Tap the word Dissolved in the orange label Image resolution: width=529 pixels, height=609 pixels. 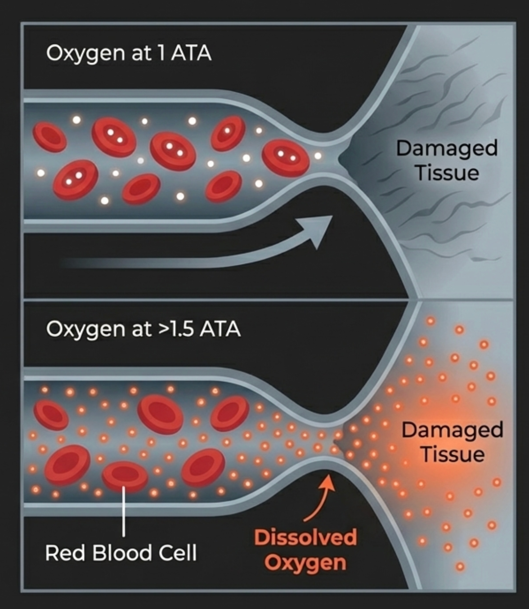click(x=305, y=537)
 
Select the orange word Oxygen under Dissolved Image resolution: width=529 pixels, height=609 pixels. click(x=305, y=563)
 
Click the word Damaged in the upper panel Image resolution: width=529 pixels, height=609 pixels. click(x=447, y=148)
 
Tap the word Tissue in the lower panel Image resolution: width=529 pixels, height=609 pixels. click(x=453, y=454)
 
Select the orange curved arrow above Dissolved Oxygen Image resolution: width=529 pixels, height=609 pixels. click(x=320, y=499)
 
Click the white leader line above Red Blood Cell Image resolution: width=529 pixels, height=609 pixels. click(x=124, y=513)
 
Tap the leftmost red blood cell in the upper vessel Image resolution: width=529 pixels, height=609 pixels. click(x=50, y=136)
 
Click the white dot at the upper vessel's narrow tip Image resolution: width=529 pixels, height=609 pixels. click(x=318, y=156)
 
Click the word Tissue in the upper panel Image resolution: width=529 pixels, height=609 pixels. click(x=447, y=173)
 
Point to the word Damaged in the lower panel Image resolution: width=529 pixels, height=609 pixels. click(x=452, y=430)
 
